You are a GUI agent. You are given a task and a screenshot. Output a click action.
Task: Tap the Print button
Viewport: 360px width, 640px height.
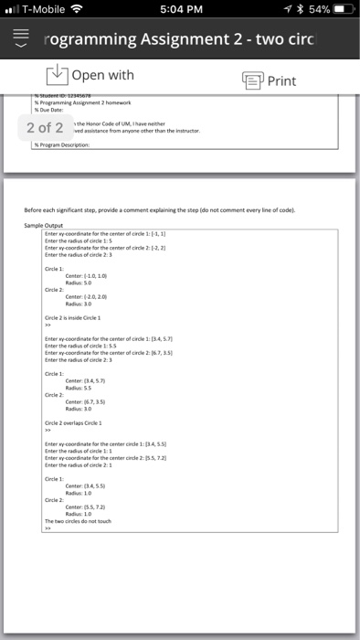(x=270, y=80)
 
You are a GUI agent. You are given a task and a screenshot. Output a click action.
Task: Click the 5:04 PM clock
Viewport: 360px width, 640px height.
(x=179, y=11)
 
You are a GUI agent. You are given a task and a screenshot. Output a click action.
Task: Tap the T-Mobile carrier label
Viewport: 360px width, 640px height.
(x=47, y=11)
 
